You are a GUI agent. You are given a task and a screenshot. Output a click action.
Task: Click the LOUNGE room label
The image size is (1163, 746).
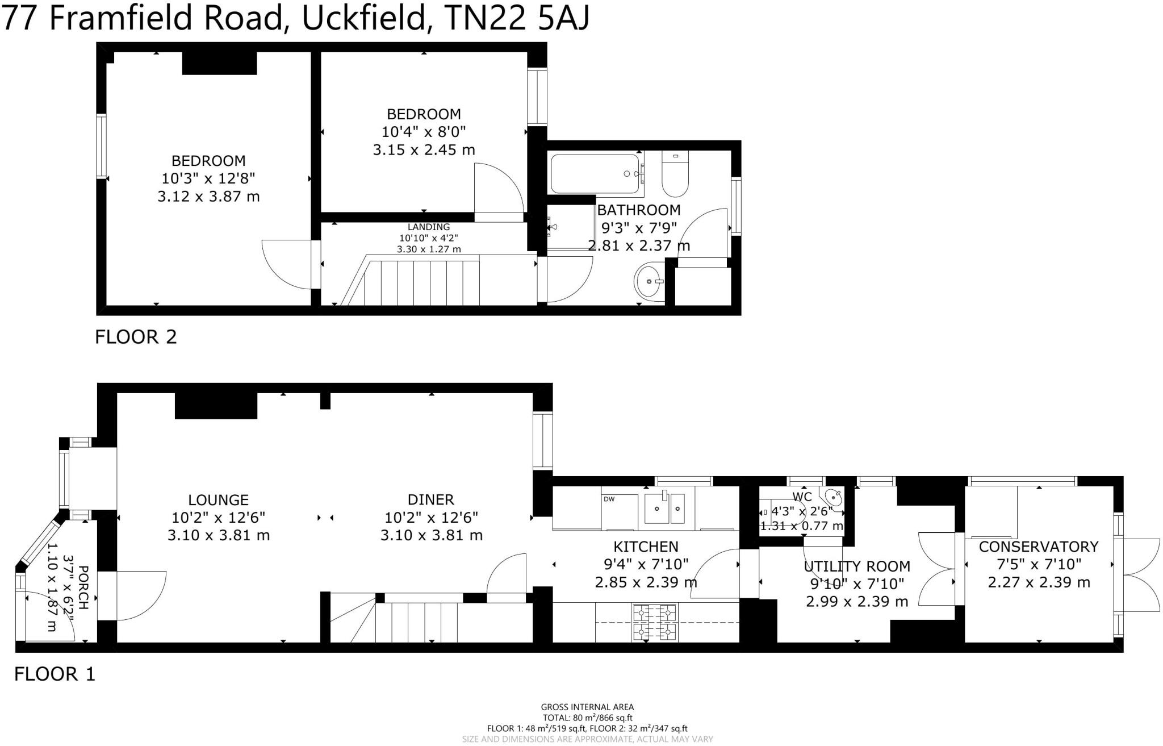point(218,500)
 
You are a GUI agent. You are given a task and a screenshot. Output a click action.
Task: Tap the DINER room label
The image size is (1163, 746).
point(430,500)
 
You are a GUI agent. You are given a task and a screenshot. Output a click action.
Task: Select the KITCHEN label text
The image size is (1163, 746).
point(646,547)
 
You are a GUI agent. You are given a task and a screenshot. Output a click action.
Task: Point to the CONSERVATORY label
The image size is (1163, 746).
point(1039,547)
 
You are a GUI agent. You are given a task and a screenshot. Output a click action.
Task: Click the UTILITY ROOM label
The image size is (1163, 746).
point(857,566)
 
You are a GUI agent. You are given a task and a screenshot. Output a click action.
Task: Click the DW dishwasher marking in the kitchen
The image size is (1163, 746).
point(609,499)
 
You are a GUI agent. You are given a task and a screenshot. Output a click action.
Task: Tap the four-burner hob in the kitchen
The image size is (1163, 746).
point(654,622)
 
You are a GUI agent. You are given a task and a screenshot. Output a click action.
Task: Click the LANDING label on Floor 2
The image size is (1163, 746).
point(429,227)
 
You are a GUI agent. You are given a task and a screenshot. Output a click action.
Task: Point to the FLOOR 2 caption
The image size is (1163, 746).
point(136,337)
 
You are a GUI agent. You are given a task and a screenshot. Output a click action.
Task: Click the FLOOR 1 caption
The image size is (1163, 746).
point(55,674)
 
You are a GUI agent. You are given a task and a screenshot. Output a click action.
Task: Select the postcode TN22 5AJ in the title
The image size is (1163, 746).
point(517,18)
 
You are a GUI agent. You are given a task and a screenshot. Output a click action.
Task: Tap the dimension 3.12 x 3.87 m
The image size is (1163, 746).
point(208,197)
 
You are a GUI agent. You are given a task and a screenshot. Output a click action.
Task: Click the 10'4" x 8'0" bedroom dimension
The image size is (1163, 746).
point(424,132)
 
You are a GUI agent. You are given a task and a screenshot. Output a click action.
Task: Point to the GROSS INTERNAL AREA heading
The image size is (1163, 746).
point(587,707)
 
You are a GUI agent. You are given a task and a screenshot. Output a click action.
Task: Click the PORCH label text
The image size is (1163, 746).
point(83,587)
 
